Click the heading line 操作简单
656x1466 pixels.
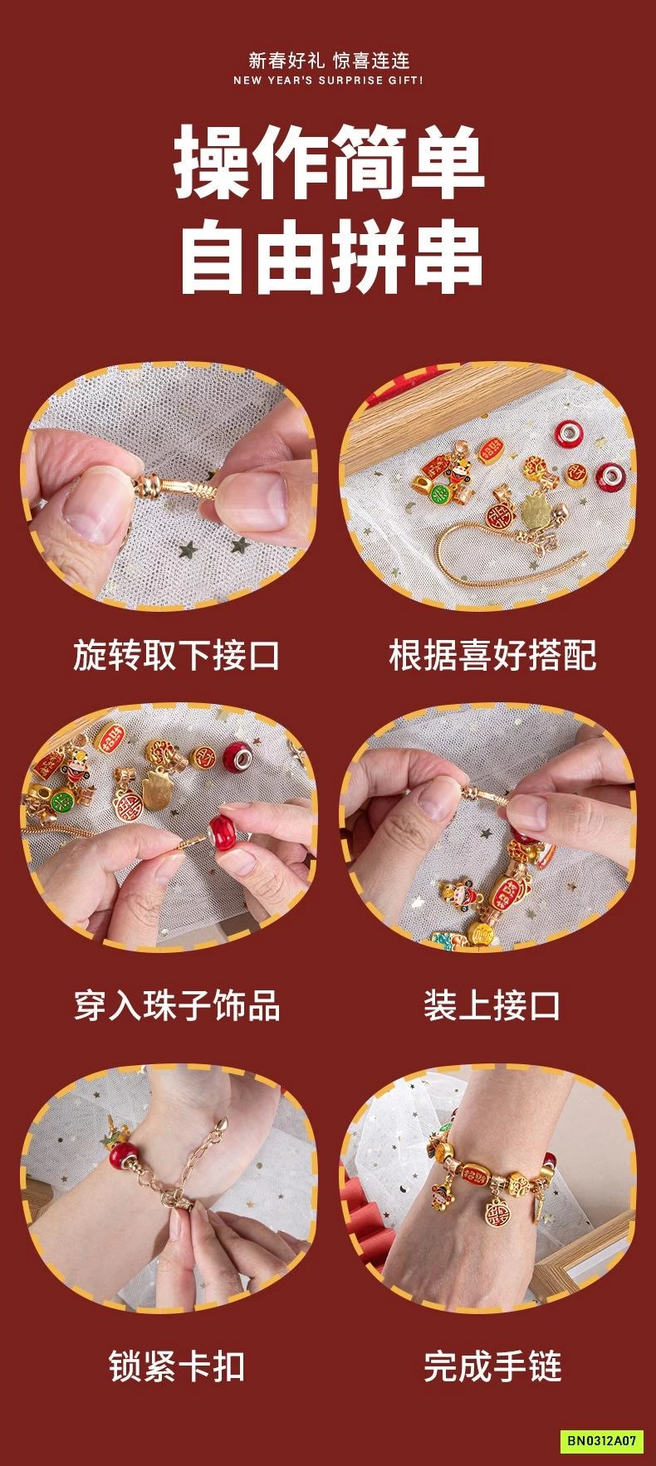click(328, 162)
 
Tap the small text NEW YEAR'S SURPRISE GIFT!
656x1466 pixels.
click(328, 81)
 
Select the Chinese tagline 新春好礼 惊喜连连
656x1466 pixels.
click(329, 61)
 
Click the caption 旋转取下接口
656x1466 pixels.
click(176, 656)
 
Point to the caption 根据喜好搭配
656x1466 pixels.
click(492, 656)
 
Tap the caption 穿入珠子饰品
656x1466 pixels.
click(176, 1005)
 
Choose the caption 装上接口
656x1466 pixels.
click(492, 1005)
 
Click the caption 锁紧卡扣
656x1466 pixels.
click(176, 1366)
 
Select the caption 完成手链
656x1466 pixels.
click(492, 1366)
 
